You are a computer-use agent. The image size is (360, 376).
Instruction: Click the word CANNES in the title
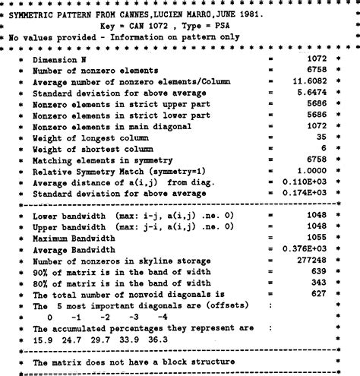coord(134,14)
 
